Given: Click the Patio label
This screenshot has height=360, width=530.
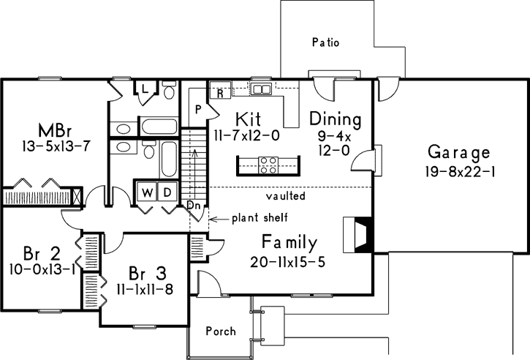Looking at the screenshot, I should pyautogui.click(x=325, y=42).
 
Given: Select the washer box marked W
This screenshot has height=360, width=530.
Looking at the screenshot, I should pyautogui.click(x=147, y=193).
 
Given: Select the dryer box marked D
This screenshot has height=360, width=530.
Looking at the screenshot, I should pyautogui.click(x=166, y=193).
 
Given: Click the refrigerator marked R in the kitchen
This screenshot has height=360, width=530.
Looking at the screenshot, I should pyautogui.click(x=219, y=93).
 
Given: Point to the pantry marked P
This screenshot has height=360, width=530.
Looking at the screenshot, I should pyautogui.click(x=197, y=110).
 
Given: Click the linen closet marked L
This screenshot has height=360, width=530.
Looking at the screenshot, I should pyautogui.click(x=145, y=89).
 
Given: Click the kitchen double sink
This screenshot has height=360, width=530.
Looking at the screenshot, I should pyautogui.click(x=261, y=89).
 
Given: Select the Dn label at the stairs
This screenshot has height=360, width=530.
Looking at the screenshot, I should pyautogui.click(x=193, y=206).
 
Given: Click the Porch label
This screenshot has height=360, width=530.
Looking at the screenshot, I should pyautogui.click(x=220, y=331).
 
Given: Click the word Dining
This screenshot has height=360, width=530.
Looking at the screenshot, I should pyautogui.click(x=335, y=119).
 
